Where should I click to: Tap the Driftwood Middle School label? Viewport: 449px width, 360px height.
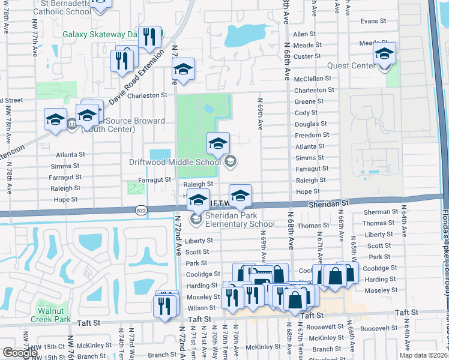(175, 162)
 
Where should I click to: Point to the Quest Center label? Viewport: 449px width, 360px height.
(352, 65)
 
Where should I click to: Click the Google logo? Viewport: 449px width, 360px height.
(19, 352)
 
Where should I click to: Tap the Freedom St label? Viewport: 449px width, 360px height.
(310, 136)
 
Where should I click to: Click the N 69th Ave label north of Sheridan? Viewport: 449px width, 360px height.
(261, 115)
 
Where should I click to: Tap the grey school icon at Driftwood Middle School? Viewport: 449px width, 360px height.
(230, 161)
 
